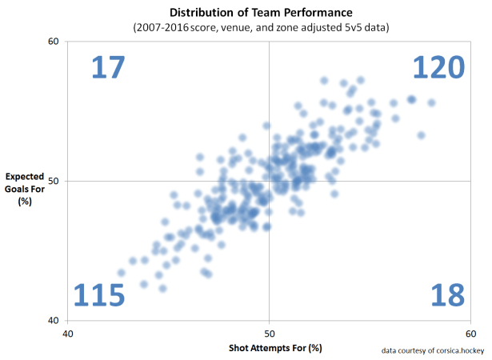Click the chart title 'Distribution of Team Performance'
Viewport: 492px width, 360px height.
tap(269, 14)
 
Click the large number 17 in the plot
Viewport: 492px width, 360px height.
tap(107, 68)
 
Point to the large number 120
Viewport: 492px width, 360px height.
tap(438, 68)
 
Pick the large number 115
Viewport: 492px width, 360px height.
tap(100, 295)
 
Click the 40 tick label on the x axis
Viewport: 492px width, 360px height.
tap(68, 333)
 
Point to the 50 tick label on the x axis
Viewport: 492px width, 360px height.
tap(269, 333)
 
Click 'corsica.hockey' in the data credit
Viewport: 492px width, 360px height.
tap(456, 350)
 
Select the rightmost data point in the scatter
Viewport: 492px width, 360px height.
tap(431, 102)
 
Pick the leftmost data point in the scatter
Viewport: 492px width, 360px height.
tap(121, 273)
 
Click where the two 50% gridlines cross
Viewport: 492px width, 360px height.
tap(269, 181)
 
